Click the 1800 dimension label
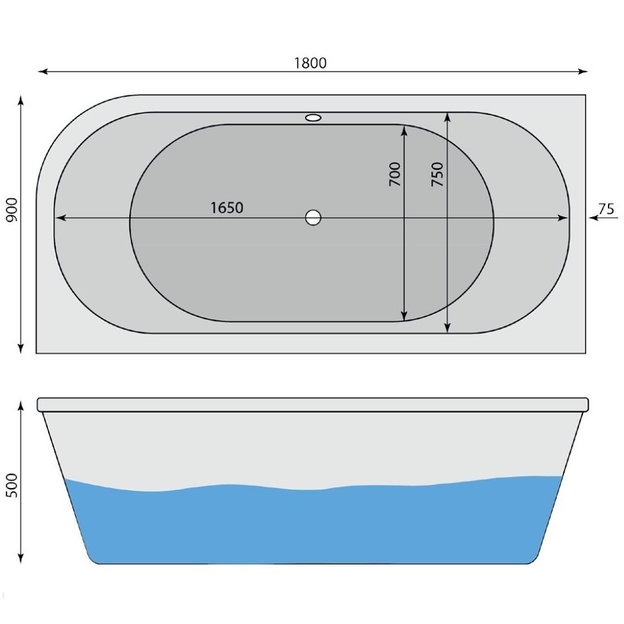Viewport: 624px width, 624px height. click(x=310, y=63)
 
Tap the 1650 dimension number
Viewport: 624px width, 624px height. click(x=227, y=208)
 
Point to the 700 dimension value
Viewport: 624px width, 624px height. click(x=395, y=174)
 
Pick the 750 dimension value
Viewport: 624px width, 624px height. click(x=437, y=174)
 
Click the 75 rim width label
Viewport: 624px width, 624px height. click(x=606, y=209)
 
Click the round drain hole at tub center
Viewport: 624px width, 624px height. click(x=313, y=218)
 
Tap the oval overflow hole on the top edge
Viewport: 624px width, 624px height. click(x=313, y=118)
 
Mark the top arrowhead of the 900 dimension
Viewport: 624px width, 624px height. click(x=21, y=100)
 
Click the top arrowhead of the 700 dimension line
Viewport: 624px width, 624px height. click(x=404, y=129)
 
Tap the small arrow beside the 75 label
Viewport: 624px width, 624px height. click(x=593, y=218)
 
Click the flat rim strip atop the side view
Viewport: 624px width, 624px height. click(x=313, y=404)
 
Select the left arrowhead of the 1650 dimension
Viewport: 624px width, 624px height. click(x=60, y=218)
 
